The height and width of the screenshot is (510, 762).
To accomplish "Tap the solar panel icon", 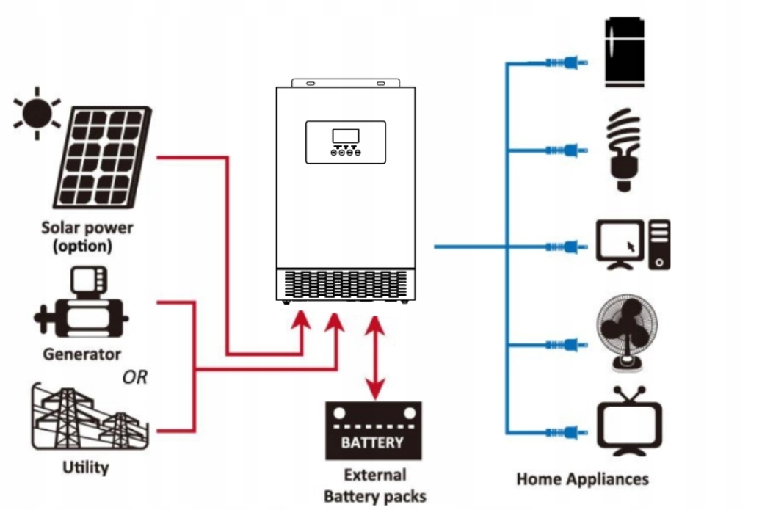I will coord(104,157).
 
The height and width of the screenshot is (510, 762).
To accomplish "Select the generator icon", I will coord(81,309).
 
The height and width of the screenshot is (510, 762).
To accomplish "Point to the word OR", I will coord(135,377).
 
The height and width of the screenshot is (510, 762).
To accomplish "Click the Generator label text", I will coord(81,354).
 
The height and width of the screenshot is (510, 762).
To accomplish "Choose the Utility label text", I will coord(86,467).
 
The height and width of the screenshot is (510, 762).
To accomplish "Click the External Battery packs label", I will coord(374,485).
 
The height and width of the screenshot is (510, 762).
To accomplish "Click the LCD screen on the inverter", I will coord(345,136).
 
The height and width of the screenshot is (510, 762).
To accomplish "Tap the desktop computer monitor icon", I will coord(620,244).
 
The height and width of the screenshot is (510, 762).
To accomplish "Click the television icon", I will coord(630,424).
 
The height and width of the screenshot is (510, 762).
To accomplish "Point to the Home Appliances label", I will coord(583,479).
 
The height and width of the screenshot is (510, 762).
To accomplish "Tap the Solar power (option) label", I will coord(87,236).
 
